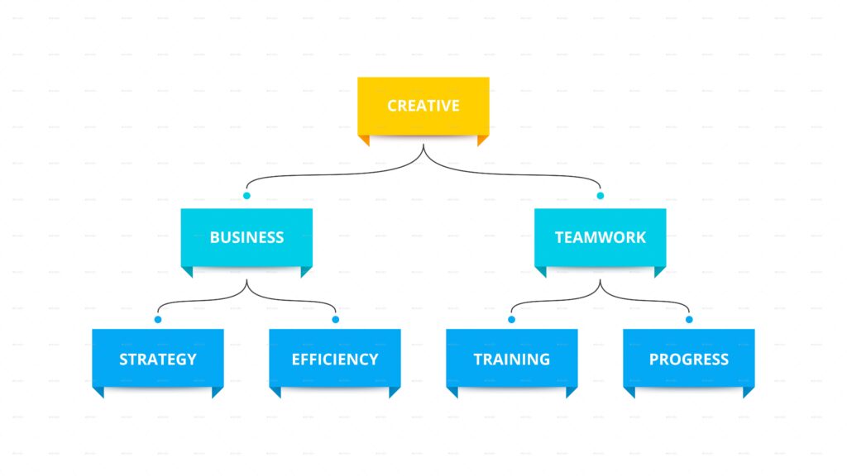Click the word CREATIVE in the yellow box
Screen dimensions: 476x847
coord(423,106)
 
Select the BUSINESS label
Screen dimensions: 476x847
coord(246,237)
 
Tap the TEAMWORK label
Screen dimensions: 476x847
coord(600,237)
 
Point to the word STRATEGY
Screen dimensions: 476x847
coord(158,359)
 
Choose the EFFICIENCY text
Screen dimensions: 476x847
coord(335,359)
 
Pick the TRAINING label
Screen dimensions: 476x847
coord(511,359)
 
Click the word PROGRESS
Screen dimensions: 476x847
coord(688,359)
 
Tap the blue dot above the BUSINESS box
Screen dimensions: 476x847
coord(246,196)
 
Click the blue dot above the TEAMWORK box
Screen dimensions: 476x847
coord(601,196)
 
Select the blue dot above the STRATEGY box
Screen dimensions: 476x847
coord(158,319)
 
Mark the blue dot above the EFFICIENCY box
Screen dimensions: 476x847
coord(335,319)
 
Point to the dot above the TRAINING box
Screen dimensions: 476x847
coord(511,319)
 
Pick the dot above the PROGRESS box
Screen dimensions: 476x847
coord(689,319)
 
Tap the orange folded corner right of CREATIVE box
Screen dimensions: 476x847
coord(482,140)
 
